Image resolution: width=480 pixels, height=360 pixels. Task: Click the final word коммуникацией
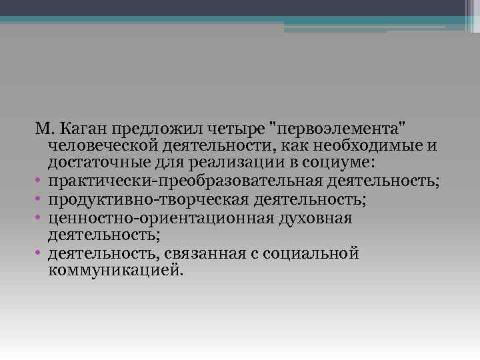[x=115, y=271]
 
